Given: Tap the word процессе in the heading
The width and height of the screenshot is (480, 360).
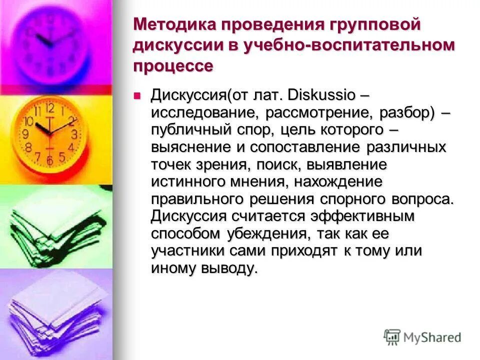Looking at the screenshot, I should pyautogui.click(x=173, y=66).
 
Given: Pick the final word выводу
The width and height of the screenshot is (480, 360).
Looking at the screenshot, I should pyautogui.click(x=232, y=268).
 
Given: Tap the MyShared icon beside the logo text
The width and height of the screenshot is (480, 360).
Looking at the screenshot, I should pyautogui.click(x=392, y=336).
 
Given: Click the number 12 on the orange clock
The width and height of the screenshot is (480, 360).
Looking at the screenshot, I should pyautogui.click(x=49, y=108).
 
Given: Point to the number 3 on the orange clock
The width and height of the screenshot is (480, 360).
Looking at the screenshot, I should pyautogui.click(x=74, y=134).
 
